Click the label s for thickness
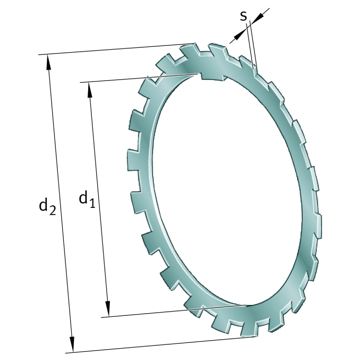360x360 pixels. pos(243,16)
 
